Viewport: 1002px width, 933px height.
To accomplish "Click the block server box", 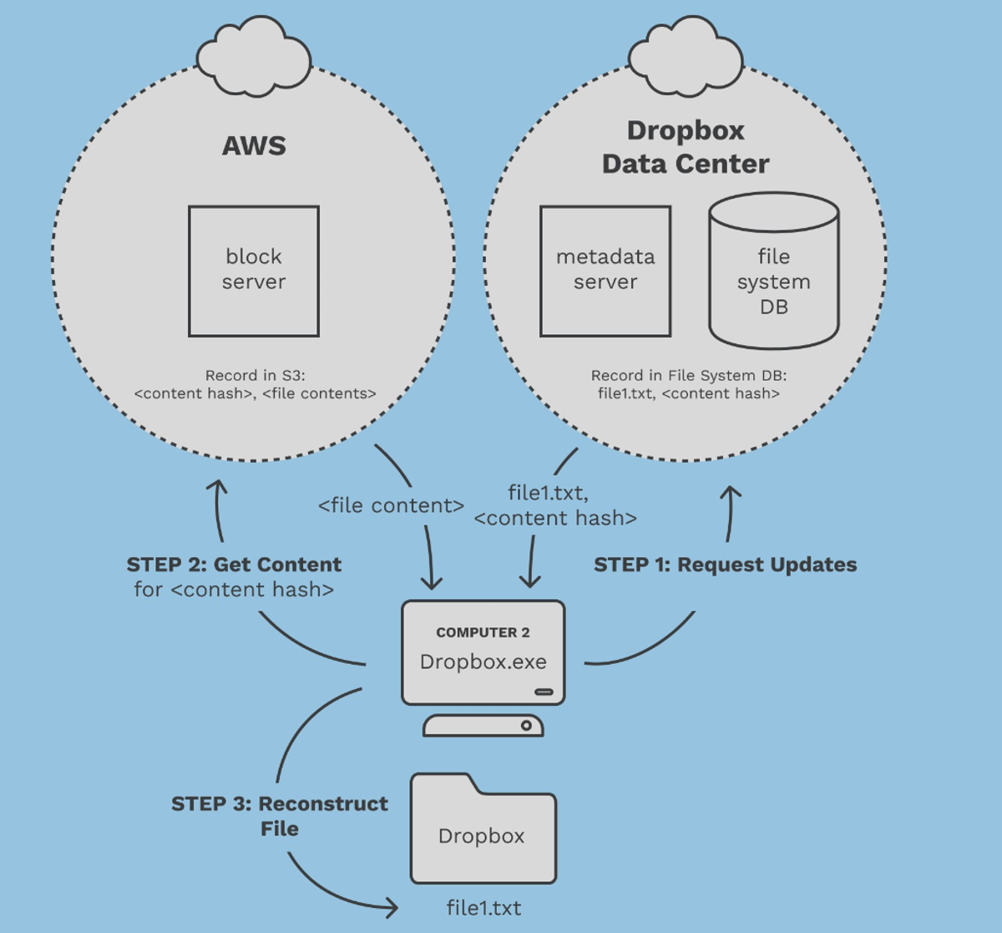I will click(254, 271).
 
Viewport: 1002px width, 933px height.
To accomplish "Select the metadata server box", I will click(605, 271).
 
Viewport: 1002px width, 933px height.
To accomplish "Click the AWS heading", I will click(254, 145).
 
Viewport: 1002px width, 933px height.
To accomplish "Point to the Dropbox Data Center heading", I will click(686, 147).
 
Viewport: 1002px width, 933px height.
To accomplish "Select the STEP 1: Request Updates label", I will click(725, 565).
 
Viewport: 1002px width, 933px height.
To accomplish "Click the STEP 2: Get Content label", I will click(234, 565).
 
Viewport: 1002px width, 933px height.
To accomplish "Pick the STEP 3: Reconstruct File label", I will click(279, 816).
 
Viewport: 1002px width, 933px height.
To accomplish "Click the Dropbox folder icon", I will click(483, 831).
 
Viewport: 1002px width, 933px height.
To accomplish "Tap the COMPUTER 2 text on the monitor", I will click(483, 632).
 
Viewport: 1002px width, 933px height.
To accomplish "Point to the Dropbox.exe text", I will click(483, 662).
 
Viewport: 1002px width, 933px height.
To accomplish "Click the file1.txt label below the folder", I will click(483, 908).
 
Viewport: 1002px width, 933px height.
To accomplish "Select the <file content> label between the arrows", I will click(391, 505).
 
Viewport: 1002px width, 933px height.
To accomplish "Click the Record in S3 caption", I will click(255, 384).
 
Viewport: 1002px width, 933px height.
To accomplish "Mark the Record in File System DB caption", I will click(688, 384).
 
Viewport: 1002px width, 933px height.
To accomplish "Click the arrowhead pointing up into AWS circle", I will click(217, 486).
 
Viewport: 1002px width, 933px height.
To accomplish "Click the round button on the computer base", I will click(526, 725).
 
